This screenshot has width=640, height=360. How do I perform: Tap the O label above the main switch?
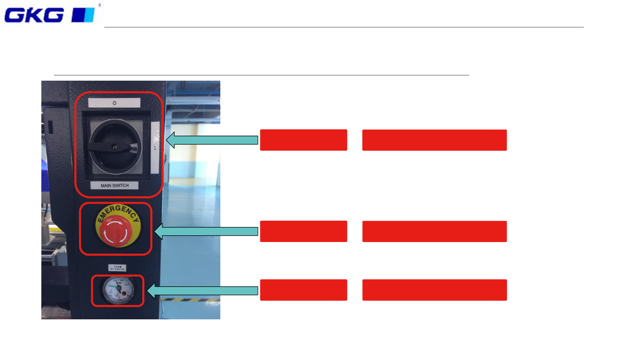click(114, 103)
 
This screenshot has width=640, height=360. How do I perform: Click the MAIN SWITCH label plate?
click(114, 186)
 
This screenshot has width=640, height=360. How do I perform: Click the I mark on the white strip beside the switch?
click(155, 148)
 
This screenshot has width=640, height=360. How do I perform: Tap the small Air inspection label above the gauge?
click(117, 268)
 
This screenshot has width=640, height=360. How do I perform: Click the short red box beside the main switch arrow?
click(303, 140)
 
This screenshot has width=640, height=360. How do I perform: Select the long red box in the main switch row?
click(434, 140)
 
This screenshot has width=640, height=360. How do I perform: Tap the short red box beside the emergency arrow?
click(303, 231)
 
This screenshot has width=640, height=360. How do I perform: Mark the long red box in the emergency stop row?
click(434, 231)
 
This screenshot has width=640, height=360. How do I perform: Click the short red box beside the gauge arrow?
click(303, 290)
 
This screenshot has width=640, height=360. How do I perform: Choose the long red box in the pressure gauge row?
click(434, 290)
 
